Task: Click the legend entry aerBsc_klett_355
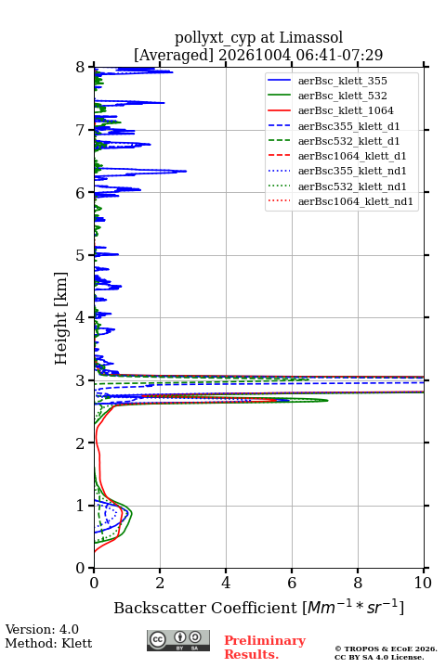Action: coord(342,81)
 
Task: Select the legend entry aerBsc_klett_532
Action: coord(342,96)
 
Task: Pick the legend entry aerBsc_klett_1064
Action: coord(346,110)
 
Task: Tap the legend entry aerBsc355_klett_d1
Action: coord(348,126)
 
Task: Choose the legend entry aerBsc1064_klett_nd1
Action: coord(356,201)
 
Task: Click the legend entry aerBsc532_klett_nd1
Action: coord(352,186)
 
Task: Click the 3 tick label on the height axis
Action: coord(81,380)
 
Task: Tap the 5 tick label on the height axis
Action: coord(81,255)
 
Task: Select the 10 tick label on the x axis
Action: coord(423,583)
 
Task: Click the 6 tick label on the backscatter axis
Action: coord(292,583)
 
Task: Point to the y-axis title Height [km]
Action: coord(61,318)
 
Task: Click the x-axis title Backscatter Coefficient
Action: coord(205,608)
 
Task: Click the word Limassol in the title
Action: coord(311,37)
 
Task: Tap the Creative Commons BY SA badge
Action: coord(178,641)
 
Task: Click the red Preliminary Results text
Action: coord(265,648)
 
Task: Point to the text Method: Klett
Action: coord(48,643)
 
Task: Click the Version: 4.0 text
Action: coord(42,630)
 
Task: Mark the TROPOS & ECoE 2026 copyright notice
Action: coord(386,653)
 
